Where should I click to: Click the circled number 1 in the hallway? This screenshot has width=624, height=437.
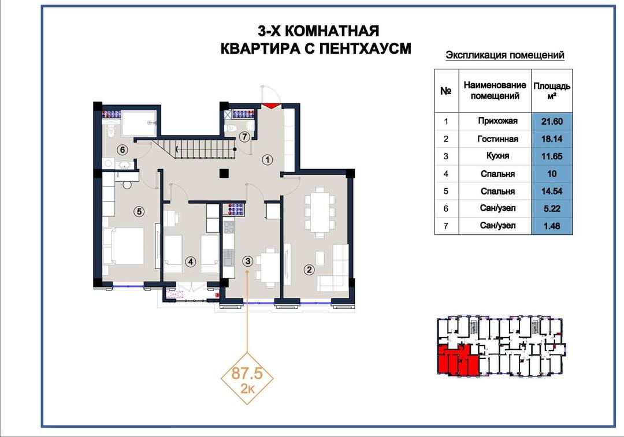coord(268,160)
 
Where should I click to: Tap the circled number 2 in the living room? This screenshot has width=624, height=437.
coord(309,270)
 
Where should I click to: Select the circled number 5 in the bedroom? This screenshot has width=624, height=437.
coord(139,211)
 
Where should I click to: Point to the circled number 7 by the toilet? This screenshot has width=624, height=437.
coord(244,137)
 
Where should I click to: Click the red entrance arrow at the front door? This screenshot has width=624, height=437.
coord(271,106)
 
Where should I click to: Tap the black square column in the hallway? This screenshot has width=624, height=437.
coord(224,173)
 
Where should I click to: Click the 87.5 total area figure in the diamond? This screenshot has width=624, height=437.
coord(247,373)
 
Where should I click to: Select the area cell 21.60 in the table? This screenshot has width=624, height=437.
coord(552,121)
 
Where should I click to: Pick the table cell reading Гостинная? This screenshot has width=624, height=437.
coord(497,139)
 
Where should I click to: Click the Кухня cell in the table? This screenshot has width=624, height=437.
coord(497,156)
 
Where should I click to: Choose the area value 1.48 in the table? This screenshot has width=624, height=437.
coord(552,226)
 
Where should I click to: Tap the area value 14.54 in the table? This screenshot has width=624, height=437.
coord(552,191)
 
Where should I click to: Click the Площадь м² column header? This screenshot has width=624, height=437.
coord(552,91)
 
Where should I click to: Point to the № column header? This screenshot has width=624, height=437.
coord(445,91)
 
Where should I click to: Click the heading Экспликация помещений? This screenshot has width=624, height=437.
coord(504,55)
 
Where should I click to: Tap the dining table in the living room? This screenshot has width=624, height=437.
coord(319,212)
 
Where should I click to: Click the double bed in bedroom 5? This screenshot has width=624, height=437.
coord(124,246)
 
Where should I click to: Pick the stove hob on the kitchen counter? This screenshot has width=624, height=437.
coord(229,227)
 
